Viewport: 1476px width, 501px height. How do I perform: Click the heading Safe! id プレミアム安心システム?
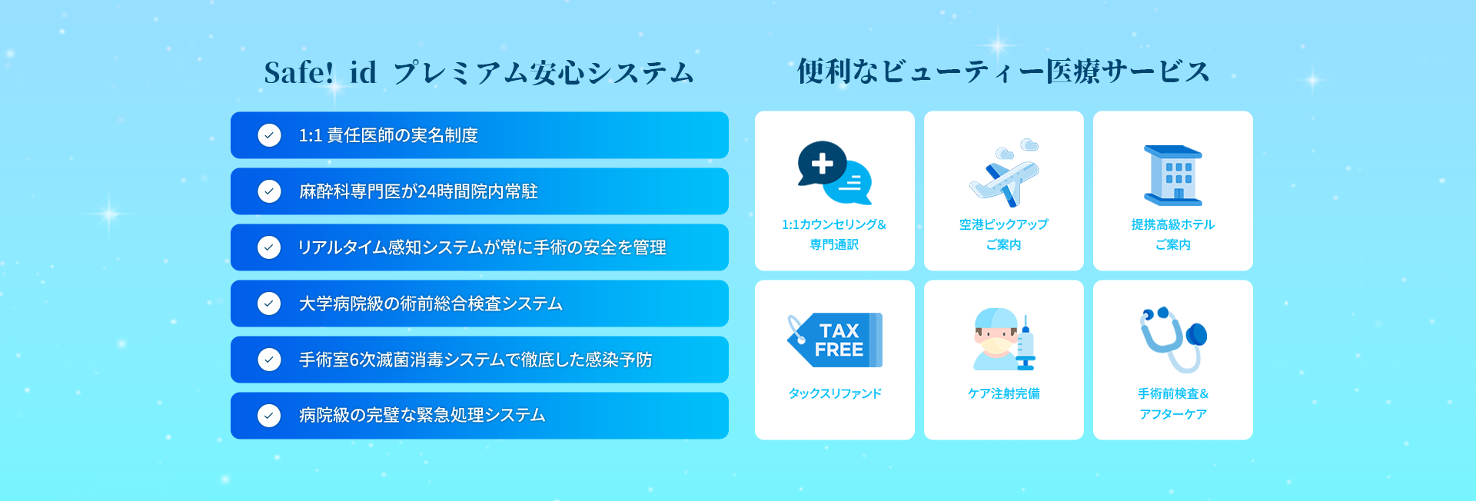click(479, 73)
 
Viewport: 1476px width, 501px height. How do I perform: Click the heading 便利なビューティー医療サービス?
click(1003, 71)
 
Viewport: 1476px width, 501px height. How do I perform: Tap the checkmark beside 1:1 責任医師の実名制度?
click(269, 135)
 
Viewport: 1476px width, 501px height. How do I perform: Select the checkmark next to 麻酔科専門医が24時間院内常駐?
click(269, 191)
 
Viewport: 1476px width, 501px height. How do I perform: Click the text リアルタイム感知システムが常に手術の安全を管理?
click(482, 247)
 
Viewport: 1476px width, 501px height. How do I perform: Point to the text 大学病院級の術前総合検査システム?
click(430, 304)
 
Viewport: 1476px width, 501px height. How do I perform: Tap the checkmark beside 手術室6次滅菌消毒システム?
click(269, 360)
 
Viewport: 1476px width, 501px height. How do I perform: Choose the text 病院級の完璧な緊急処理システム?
click(422, 416)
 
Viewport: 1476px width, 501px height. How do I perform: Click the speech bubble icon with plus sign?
click(834, 173)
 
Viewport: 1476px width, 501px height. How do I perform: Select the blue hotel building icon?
click(1173, 175)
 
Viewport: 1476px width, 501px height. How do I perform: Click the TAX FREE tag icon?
click(835, 340)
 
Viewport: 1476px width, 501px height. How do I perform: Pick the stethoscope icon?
click(1173, 339)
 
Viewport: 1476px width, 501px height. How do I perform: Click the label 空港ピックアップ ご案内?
click(1004, 234)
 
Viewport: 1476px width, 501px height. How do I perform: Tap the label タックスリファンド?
click(835, 393)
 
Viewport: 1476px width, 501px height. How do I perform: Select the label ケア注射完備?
click(1004, 393)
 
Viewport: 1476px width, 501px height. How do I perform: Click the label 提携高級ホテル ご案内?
click(1173, 234)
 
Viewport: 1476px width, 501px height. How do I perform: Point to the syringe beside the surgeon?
click(1026, 343)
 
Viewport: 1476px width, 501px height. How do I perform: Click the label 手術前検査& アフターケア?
click(1173, 403)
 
